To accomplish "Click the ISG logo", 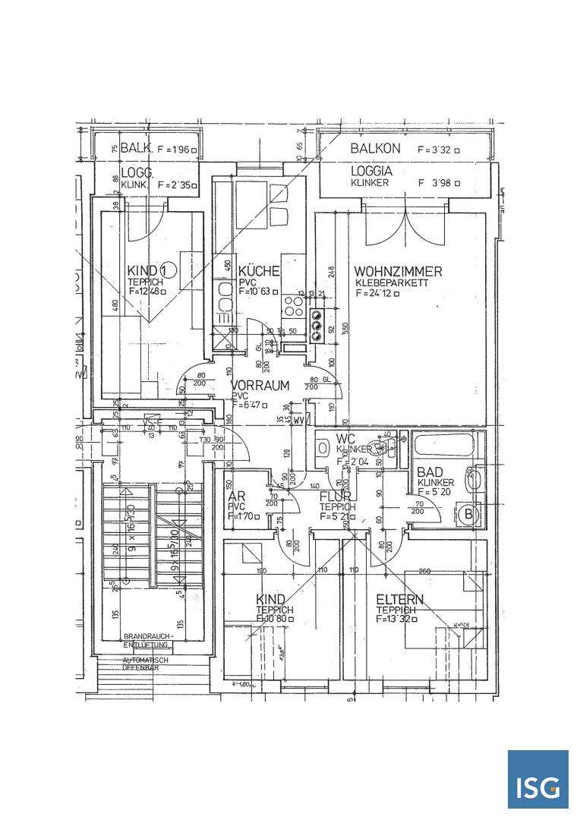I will click(x=537, y=780).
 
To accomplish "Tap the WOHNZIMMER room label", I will click(x=398, y=271).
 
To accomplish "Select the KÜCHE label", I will click(x=259, y=271).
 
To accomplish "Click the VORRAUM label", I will click(x=260, y=386).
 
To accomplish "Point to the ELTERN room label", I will click(x=400, y=599).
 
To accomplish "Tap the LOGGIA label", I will click(x=371, y=171).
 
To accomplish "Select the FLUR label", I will click(x=335, y=497).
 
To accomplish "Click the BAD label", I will click(x=430, y=471).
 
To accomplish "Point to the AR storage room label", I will click(x=236, y=497).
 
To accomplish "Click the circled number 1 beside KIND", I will click(x=168, y=270).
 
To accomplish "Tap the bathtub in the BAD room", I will click(x=441, y=444).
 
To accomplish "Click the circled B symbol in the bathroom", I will click(x=468, y=514).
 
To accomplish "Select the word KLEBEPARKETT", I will click(x=392, y=282).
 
